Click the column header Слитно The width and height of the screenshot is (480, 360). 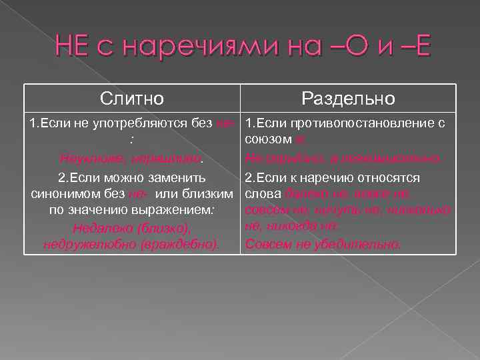131,99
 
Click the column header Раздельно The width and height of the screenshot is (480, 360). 348,99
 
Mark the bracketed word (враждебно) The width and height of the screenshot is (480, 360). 182,244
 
